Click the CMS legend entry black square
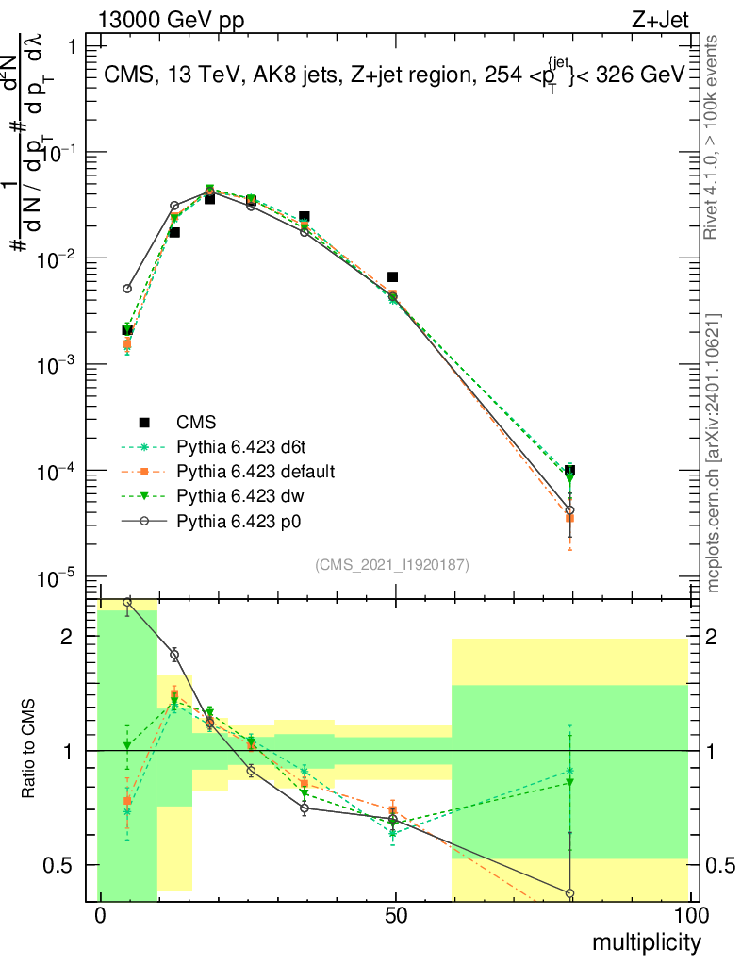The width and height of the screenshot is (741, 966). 143,423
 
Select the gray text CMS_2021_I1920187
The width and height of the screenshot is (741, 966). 392,564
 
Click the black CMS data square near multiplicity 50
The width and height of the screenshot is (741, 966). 393,277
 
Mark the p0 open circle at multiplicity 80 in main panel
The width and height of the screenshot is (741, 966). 569,510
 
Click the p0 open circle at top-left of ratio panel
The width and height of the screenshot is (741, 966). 127,601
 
